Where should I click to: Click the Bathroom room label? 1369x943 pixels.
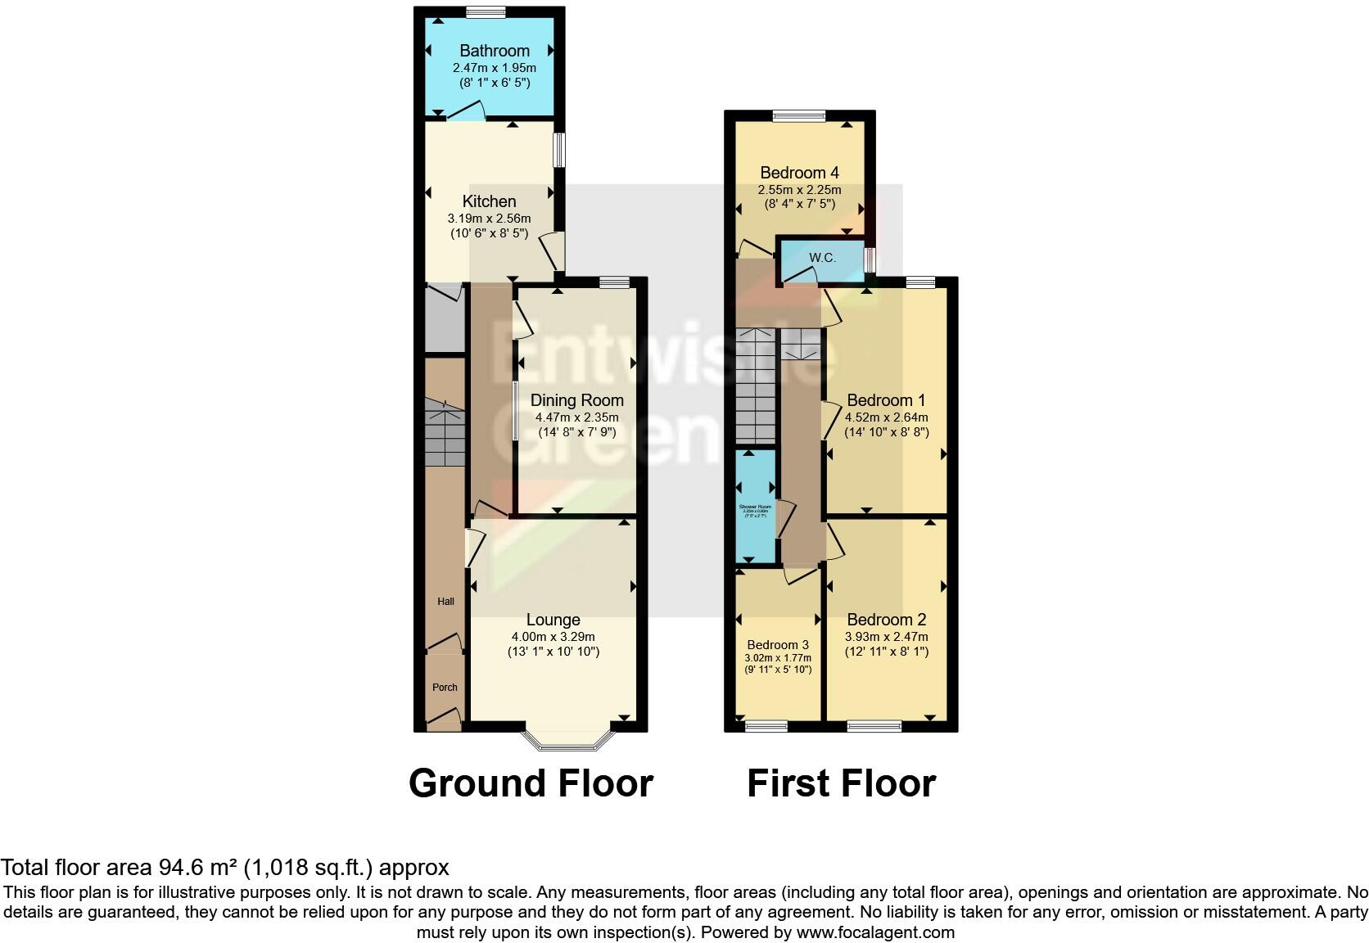tap(494, 51)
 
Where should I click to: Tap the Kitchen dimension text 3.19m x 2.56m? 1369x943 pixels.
tap(489, 219)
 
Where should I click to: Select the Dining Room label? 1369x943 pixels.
tap(576, 400)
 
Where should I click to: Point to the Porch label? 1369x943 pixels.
tap(445, 688)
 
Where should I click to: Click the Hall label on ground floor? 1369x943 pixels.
tap(445, 602)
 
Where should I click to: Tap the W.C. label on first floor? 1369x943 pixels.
tap(822, 258)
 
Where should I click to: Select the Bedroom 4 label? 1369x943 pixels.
tap(799, 173)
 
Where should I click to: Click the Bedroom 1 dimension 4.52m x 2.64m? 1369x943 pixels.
tap(886, 417)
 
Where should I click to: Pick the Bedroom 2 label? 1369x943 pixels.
tap(886, 620)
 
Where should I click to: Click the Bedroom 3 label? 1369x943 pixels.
tap(778, 645)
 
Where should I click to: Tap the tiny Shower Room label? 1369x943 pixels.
tap(755, 507)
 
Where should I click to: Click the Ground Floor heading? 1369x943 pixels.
tap(531, 783)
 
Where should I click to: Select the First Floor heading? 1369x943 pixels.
tap(841, 783)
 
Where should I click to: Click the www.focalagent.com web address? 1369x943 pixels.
tap(874, 932)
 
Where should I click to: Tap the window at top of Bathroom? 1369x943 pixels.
tap(486, 11)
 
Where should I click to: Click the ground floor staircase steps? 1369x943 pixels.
tap(444, 434)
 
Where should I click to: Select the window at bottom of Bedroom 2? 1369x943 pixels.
tap(874, 726)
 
